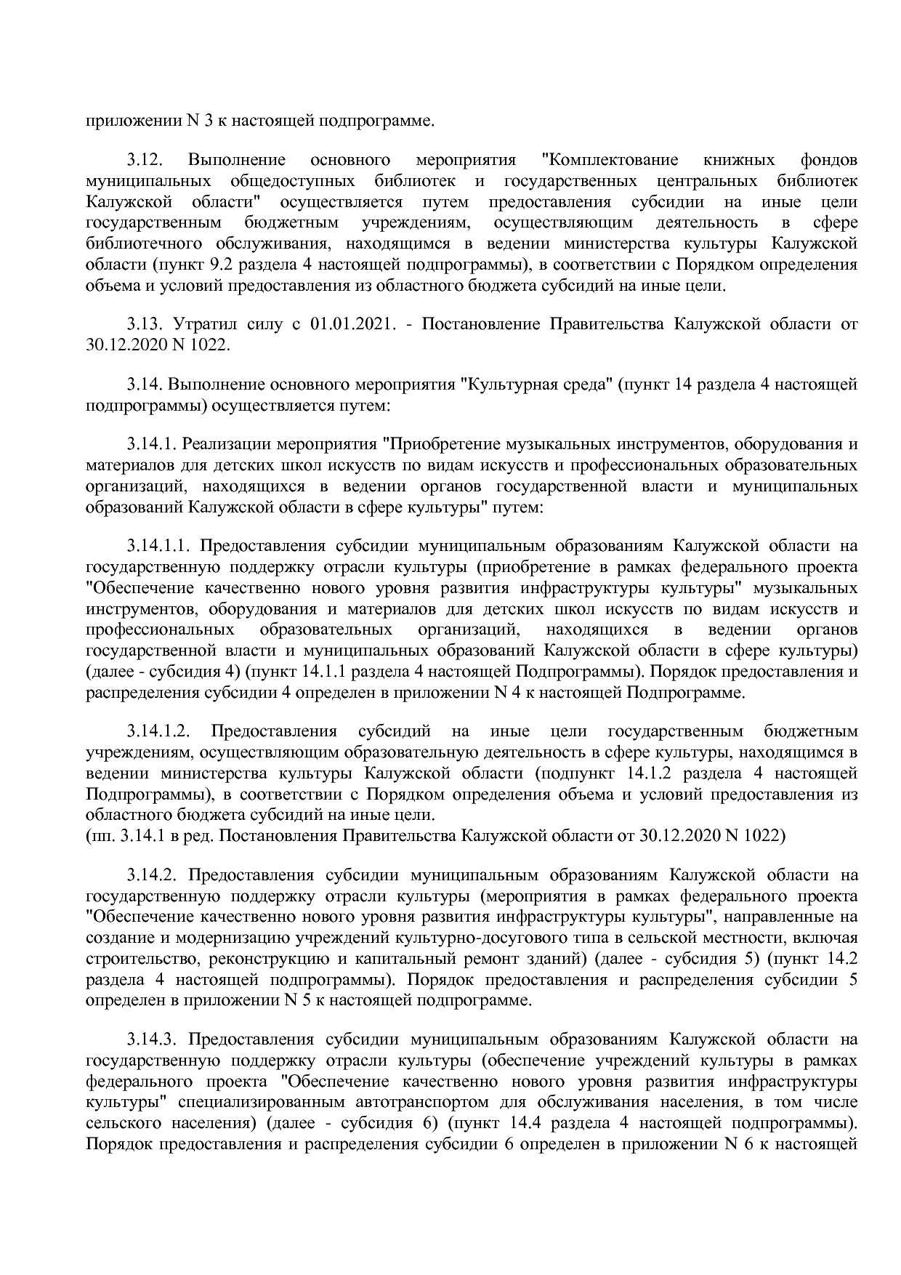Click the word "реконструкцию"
256,958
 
